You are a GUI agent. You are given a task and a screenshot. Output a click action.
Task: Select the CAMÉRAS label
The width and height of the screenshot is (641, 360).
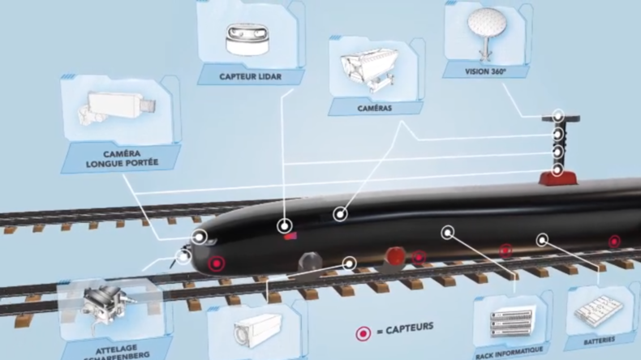(376, 107)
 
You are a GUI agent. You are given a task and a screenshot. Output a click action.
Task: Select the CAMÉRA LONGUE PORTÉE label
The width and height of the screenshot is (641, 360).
(118, 157)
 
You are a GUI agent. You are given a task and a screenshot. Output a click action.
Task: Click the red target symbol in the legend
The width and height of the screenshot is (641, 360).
(362, 332)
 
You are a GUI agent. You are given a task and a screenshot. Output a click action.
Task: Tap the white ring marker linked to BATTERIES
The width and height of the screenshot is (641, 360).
(542, 239)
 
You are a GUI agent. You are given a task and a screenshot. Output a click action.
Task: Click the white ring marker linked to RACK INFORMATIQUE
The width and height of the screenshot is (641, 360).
(446, 233)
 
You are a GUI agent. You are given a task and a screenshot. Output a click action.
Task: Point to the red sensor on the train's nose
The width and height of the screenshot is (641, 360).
(217, 264)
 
